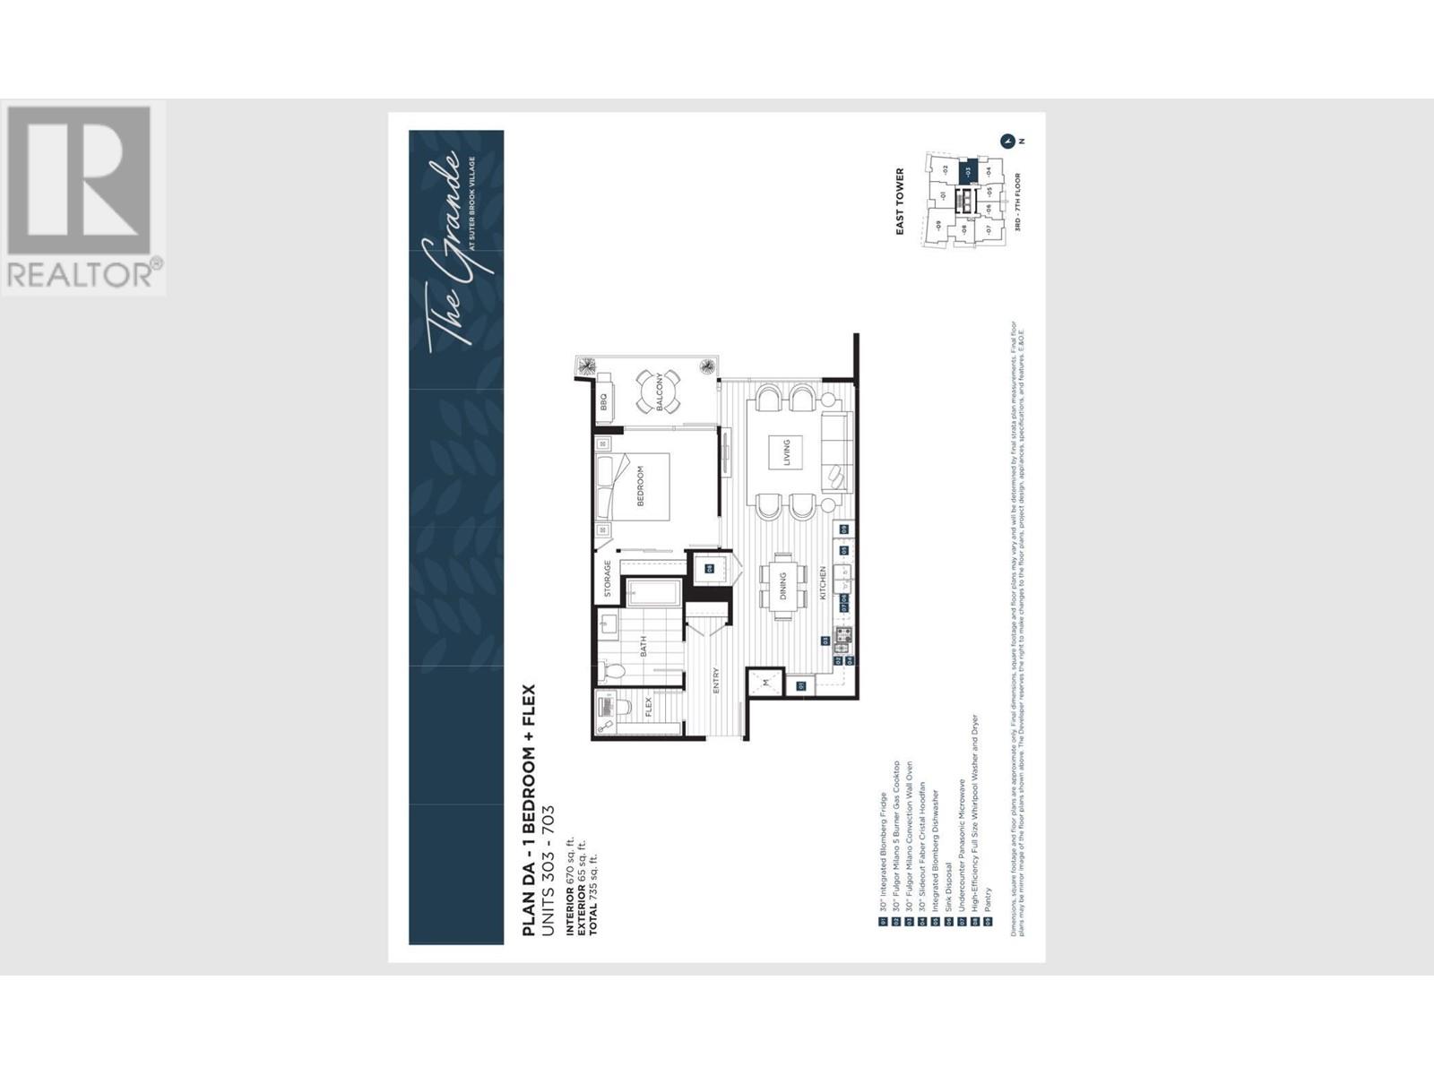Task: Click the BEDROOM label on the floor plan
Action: pyautogui.click(x=641, y=486)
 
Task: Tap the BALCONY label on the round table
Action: pyautogui.click(x=661, y=391)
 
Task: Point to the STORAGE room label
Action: pyautogui.click(x=608, y=579)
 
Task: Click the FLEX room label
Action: pyautogui.click(x=648, y=708)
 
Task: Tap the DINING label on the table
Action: pyautogui.click(x=782, y=588)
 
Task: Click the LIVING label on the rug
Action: pyautogui.click(x=786, y=452)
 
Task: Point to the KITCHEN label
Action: pyautogui.click(x=822, y=583)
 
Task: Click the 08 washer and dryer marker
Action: pyautogui.click(x=709, y=568)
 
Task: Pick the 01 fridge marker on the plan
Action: pyautogui.click(x=801, y=686)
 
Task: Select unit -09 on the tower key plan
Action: pyautogui.click(x=938, y=225)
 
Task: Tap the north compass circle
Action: pyautogui.click(x=1007, y=141)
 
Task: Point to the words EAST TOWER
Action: pyautogui.click(x=900, y=202)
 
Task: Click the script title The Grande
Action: pyautogui.click(x=446, y=253)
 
